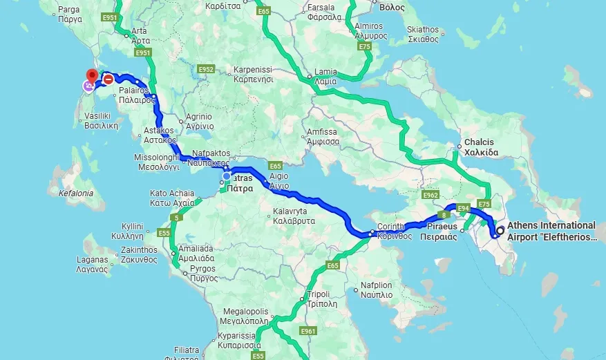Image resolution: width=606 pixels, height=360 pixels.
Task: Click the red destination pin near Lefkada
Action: click(x=90, y=75)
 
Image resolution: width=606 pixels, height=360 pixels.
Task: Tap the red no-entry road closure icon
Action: click(x=108, y=79)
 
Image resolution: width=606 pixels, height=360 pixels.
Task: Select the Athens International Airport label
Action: click(x=551, y=231)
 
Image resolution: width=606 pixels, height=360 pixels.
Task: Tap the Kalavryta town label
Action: click(x=294, y=216)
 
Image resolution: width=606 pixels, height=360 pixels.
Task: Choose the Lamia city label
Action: click(x=325, y=76)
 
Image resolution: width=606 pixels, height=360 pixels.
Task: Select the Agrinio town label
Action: click(x=189, y=122)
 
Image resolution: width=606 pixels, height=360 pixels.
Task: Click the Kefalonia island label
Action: click(x=76, y=193)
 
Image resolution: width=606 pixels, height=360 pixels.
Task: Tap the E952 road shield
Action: click(x=205, y=70)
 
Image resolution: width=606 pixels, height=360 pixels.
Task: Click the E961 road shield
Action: click(x=308, y=332)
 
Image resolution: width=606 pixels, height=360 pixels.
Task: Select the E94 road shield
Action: click(x=463, y=207)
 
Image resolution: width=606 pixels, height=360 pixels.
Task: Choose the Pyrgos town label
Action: click(x=202, y=273)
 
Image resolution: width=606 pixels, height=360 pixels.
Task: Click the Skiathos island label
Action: click(x=423, y=34)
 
